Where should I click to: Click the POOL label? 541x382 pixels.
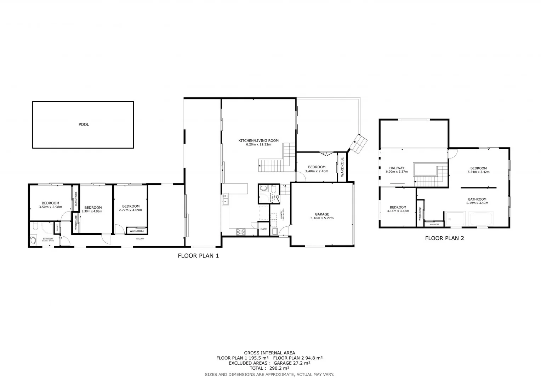pyautogui.click(x=84, y=125)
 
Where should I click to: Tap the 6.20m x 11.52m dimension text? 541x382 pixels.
pyautogui.click(x=258, y=145)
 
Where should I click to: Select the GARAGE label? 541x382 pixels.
pyautogui.click(x=322, y=214)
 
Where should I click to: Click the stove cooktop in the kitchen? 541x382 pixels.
pyautogui.click(x=241, y=232)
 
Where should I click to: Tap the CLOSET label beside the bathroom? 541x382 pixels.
pyautogui.click(x=57, y=228)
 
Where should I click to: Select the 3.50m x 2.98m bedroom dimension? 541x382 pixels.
pyautogui.click(x=50, y=207)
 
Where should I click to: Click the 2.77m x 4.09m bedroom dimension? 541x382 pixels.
pyautogui.click(x=131, y=210)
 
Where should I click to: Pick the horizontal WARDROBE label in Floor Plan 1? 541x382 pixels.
pyautogui.click(x=137, y=231)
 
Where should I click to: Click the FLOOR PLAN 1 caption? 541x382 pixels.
pyautogui.click(x=198, y=256)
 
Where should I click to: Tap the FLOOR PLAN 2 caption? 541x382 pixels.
pyautogui.click(x=444, y=238)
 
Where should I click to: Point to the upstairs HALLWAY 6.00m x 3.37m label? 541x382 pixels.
pyautogui.click(x=397, y=170)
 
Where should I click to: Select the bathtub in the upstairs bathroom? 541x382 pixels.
pyautogui.click(x=481, y=219)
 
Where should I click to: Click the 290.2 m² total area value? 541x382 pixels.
pyautogui.click(x=279, y=368)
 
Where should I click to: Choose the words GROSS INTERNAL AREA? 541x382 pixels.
pyautogui.click(x=269, y=353)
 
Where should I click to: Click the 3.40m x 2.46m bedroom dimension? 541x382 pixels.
pyautogui.click(x=317, y=171)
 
